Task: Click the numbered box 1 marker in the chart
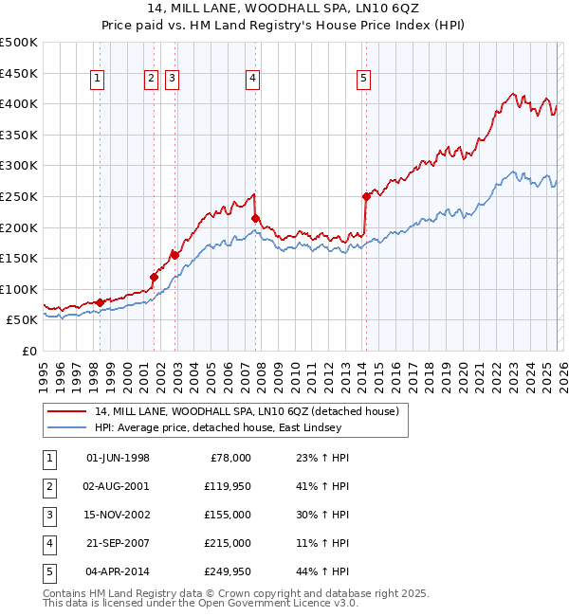100,80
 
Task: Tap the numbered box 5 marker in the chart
364,80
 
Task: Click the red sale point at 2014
365,196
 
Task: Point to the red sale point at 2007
255,218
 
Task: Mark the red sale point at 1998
100,302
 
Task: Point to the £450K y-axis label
18,72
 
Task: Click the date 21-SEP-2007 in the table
118,543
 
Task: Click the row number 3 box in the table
46,515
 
